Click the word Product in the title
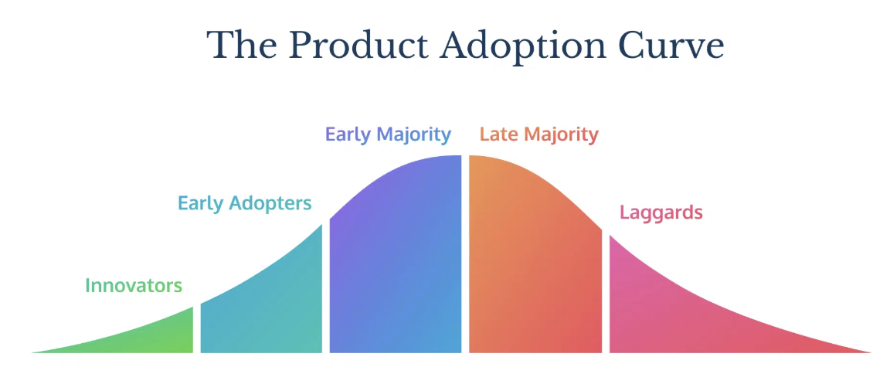click(356, 46)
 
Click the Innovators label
click(134, 285)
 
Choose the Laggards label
click(661, 212)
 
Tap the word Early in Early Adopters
click(201, 203)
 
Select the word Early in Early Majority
click(348, 135)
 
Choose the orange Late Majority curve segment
click(534, 261)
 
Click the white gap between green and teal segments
click(197, 329)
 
